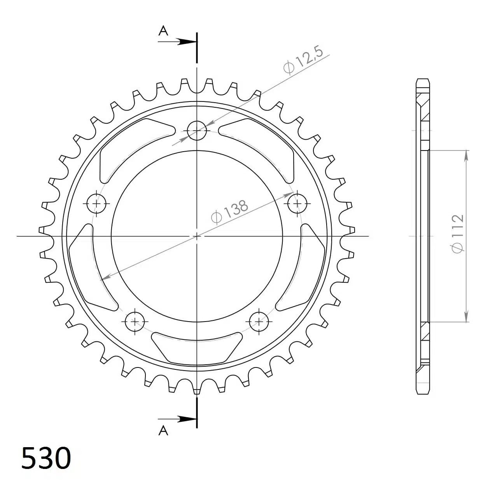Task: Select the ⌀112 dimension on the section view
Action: pos(458,234)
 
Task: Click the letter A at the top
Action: pos(163,31)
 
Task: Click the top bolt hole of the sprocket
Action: pos(197,131)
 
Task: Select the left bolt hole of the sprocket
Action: pos(96,203)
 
